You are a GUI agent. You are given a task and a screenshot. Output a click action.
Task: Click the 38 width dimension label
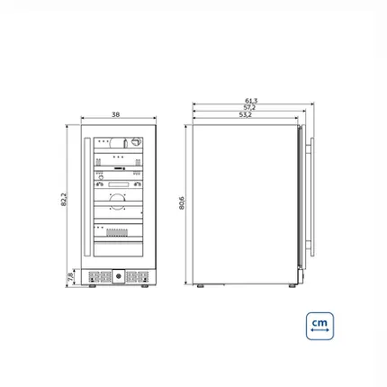(x=116, y=114)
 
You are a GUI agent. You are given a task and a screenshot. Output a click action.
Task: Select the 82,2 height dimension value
(x=64, y=199)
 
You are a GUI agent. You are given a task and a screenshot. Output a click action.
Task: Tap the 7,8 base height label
(x=70, y=277)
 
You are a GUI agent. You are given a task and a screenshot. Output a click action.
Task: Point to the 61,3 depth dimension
(x=251, y=101)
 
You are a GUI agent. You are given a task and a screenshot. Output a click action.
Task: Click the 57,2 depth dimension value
(x=249, y=107)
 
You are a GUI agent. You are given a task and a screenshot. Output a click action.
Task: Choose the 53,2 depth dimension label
(x=246, y=114)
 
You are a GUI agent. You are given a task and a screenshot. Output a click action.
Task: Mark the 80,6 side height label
(x=182, y=202)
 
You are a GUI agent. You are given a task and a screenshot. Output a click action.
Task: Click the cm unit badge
(x=319, y=326)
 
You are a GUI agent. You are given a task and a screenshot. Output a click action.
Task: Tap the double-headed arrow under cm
(x=319, y=330)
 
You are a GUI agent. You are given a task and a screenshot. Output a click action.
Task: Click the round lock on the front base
(x=119, y=276)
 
